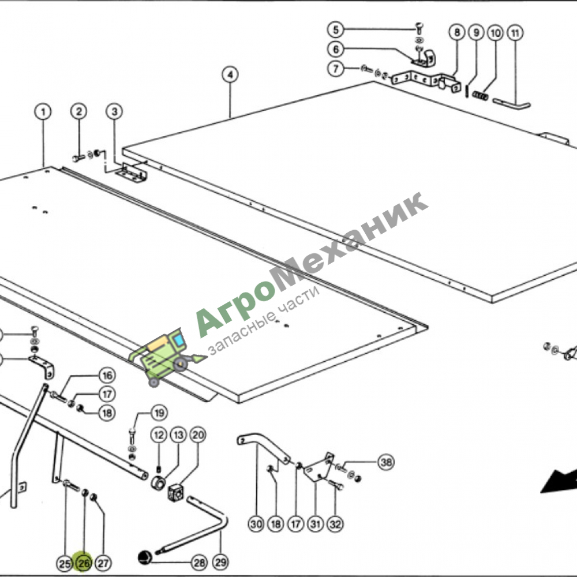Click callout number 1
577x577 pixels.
pos(43,111)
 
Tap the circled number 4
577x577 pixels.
pos(230,74)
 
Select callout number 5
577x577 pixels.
pos(336,29)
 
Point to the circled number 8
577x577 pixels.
pos(456,32)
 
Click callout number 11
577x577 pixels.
pos(515,33)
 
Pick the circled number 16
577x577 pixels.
pos(107,376)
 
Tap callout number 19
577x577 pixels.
pos(159,413)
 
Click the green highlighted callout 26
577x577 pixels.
pos(84,563)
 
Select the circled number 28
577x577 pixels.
pos(200,562)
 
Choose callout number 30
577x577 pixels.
pos(256,524)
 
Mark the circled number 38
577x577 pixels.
pos(386,462)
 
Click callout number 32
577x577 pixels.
pos(335,524)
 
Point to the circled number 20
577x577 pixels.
pos(198,435)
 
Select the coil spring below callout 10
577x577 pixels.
pos(480,96)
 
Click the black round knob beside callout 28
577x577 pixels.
pos(145,557)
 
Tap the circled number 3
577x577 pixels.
pos(114,111)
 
